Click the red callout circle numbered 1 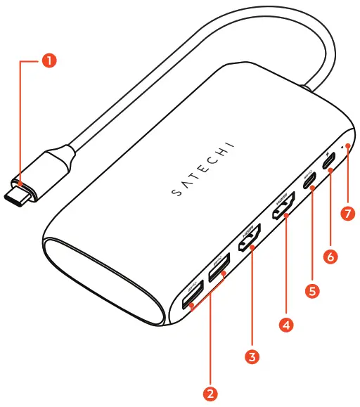click(49, 60)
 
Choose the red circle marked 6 click(329, 257)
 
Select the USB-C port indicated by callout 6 click(329, 162)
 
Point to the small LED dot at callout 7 click(342, 148)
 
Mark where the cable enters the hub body click(307, 89)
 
